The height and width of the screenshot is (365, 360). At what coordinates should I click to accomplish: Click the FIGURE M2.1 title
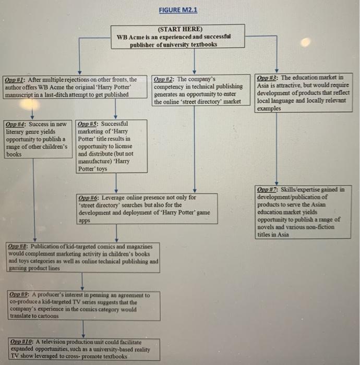pyautogui.click(x=178, y=10)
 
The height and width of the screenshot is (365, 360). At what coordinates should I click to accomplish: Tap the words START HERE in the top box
pyautogui.click(x=180, y=29)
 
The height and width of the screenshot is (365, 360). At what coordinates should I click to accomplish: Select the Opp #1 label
pyautogui.click(x=14, y=80)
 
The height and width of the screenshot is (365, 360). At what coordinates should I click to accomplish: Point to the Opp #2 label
pyautogui.click(x=163, y=79)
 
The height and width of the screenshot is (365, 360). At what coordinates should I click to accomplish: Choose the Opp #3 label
pyautogui.click(x=266, y=78)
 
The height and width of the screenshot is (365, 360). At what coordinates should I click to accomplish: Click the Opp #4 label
pyautogui.click(x=15, y=124)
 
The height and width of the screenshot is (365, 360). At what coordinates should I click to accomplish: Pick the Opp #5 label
pyautogui.click(x=87, y=124)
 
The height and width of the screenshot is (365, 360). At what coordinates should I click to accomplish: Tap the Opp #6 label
pyautogui.click(x=88, y=198)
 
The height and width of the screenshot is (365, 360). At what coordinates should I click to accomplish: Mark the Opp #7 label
pyautogui.click(x=267, y=190)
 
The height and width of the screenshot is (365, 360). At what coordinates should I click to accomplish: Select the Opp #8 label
pyautogui.click(x=17, y=246)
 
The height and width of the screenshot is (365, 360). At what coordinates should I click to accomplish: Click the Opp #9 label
pyautogui.click(x=19, y=295)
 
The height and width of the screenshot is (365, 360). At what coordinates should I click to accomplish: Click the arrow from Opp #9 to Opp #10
pyautogui.click(x=83, y=329)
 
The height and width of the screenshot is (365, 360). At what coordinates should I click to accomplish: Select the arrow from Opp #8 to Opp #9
pyautogui.click(x=82, y=282)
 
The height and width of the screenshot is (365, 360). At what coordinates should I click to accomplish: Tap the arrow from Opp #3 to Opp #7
pyautogui.click(x=277, y=149)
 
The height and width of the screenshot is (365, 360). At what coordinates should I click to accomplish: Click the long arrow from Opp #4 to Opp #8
pyautogui.click(x=34, y=200)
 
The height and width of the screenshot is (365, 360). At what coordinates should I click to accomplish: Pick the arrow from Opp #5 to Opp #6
pyautogui.click(x=116, y=183)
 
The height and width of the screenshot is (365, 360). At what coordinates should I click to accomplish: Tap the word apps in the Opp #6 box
pyautogui.click(x=85, y=221)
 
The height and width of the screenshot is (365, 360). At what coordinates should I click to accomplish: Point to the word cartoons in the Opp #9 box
pyautogui.click(x=49, y=316)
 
